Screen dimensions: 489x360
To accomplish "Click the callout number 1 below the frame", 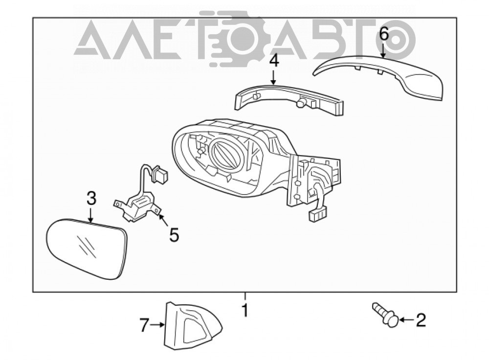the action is pyautogui.click(x=245, y=310).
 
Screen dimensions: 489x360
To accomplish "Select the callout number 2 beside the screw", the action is pyautogui.click(x=421, y=320).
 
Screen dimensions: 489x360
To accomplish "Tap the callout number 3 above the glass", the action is pyautogui.click(x=91, y=199).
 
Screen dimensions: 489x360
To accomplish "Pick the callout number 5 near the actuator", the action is pyautogui.click(x=174, y=235).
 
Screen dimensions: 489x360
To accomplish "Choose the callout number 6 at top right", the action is pyautogui.click(x=383, y=34).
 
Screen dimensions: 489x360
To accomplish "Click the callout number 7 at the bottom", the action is pyautogui.click(x=144, y=325).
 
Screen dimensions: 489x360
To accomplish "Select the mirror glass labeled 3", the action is pyautogui.click(x=87, y=248).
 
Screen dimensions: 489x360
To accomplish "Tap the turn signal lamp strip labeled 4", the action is pyautogui.click(x=289, y=100).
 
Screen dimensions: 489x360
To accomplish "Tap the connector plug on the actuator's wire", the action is pyautogui.click(x=160, y=175).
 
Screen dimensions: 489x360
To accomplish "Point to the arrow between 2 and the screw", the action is pyautogui.click(x=407, y=320).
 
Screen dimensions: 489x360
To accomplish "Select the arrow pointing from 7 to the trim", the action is pyautogui.click(x=157, y=325).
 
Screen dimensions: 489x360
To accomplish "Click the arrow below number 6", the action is pyautogui.click(x=383, y=50).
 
